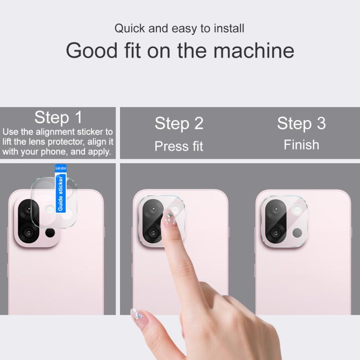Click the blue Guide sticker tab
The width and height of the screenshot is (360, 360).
pos(60,189)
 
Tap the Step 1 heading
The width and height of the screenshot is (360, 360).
pos(58,118)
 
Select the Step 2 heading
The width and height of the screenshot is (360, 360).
pos(179,123)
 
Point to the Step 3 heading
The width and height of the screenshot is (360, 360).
pos(301,123)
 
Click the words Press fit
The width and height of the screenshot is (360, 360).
pos(179,146)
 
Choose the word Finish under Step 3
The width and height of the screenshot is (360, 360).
pos(301,144)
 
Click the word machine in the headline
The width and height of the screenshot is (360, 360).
pos(254,50)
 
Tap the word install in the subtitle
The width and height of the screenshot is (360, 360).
pos(229,28)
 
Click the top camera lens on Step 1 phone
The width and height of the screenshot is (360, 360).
pos(28,210)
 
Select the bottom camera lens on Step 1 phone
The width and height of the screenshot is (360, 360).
pos(28,233)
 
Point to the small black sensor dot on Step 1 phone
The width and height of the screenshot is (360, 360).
pos(50,233)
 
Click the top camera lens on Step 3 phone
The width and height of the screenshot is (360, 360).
pos(276,210)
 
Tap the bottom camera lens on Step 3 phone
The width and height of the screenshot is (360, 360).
pos(276,233)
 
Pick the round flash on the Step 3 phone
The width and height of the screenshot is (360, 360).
pos(297,210)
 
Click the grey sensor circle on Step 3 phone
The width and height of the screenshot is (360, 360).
pos(297,233)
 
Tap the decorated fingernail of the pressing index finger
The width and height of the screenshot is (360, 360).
pos(169,218)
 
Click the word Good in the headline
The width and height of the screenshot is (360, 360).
pos(92,50)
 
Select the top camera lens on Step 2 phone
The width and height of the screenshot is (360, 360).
pos(153,209)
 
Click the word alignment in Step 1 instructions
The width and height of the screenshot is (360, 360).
pos(55,132)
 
